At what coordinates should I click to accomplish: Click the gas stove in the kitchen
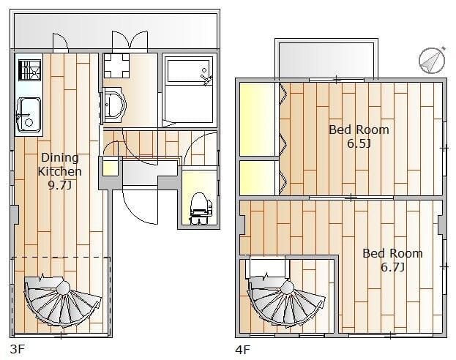tap(30, 70)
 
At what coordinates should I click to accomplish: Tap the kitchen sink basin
tap(29, 115)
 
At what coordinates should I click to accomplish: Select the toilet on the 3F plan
tap(201, 209)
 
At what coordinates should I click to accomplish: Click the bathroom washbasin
tap(114, 105)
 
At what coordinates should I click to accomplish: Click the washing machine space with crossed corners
tap(116, 66)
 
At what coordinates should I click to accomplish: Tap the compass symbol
tap(432, 61)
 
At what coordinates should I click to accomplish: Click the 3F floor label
tap(17, 349)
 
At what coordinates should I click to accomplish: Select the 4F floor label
tap(242, 350)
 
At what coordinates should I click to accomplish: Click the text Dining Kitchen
tap(59, 165)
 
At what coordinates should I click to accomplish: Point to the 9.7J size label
tap(59, 185)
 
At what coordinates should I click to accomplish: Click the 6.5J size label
tap(359, 143)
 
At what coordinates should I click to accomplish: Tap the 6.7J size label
tap(392, 267)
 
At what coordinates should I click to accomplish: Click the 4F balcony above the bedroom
tap(326, 61)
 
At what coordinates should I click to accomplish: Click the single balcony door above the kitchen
tap(61, 42)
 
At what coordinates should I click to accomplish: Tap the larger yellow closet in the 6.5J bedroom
tap(258, 119)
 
